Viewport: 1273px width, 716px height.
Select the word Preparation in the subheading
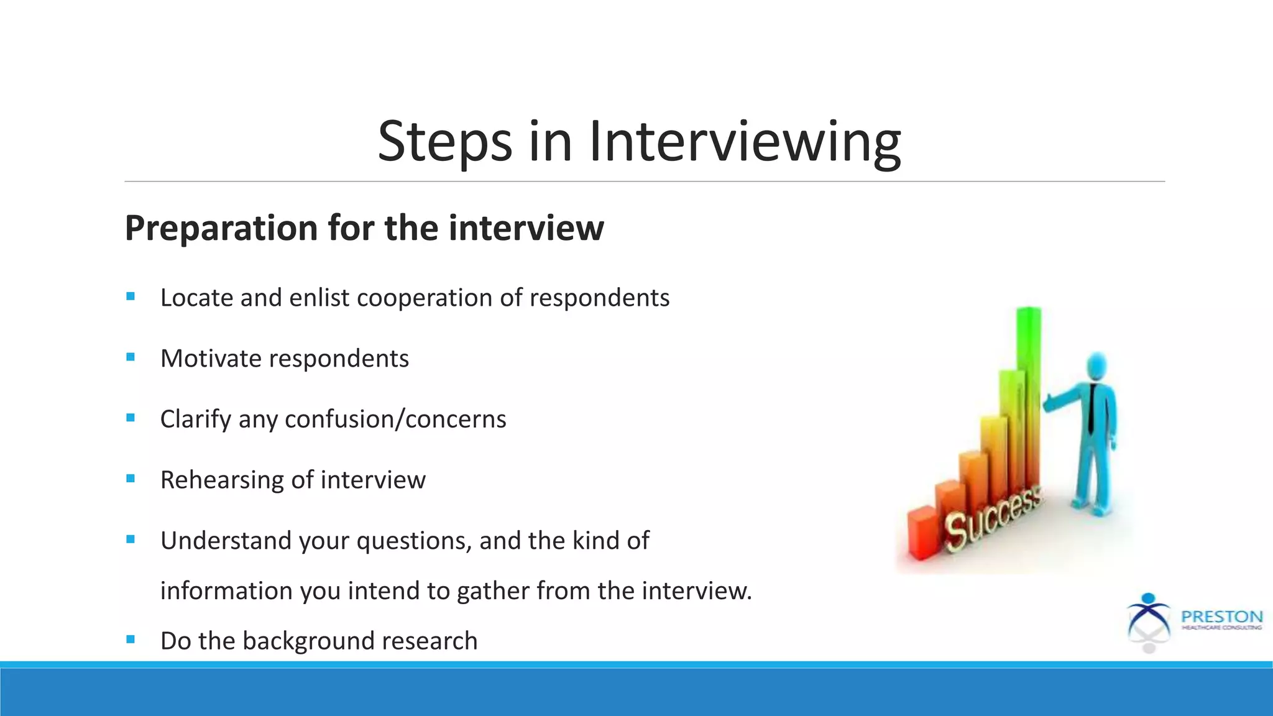pyautogui.click(x=221, y=228)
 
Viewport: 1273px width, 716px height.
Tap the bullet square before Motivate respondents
pyautogui.click(x=131, y=357)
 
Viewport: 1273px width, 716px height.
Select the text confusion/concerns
pyautogui.click(x=395, y=420)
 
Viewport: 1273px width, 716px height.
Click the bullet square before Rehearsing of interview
pyautogui.click(x=131, y=479)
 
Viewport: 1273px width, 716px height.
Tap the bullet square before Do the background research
pyautogui.click(x=131, y=640)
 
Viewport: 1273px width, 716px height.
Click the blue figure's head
pyautogui.click(x=1097, y=367)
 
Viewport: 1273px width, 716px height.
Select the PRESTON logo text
pyautogui.click(x=1221, y=617)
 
